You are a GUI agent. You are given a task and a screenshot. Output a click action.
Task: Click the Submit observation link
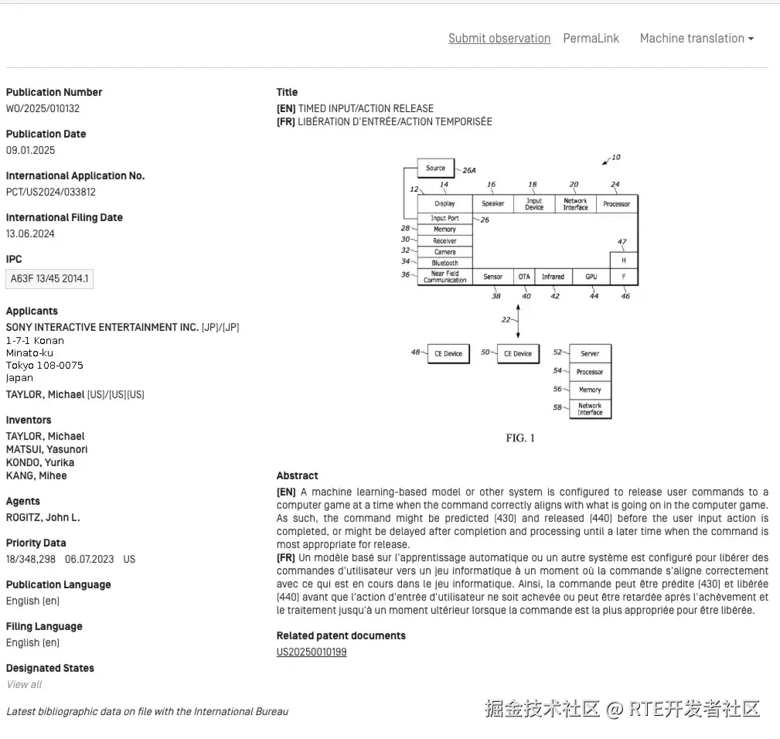point(499,39)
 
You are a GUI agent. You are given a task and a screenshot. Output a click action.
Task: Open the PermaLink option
point(591,39)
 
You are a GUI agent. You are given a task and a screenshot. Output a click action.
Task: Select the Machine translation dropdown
point(697,39)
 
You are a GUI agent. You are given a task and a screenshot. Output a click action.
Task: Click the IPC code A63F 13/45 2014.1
point(49,279)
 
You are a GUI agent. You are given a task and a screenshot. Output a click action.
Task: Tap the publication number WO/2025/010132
point(43,109)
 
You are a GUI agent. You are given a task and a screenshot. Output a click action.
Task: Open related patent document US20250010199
point(312,652)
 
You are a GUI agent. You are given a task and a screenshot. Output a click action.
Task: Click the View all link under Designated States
point(24,684)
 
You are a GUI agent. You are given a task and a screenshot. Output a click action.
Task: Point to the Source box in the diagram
point(436,168)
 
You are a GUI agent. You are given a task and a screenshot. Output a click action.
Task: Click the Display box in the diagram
point(444,203)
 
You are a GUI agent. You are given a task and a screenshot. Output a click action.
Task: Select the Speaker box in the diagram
point(493,203)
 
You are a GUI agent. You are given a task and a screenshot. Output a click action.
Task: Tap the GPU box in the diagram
point(591,276)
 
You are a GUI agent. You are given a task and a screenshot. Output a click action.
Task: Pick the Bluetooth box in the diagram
point(444,263)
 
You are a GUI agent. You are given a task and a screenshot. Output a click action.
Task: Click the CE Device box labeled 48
point(448,353)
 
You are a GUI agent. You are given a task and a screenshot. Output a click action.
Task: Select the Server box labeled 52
point(590,353)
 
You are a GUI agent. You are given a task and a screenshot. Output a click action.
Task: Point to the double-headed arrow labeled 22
point(518,319)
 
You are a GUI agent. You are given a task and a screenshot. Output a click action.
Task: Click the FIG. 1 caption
point(520,438)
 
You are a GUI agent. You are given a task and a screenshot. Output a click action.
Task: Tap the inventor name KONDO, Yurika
point(40,462)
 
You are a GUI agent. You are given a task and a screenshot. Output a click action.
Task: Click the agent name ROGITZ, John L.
point(43,517)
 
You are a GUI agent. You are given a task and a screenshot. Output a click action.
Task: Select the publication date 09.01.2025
point(31,151)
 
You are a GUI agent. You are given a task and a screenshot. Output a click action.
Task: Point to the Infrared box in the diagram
point(553,276)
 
